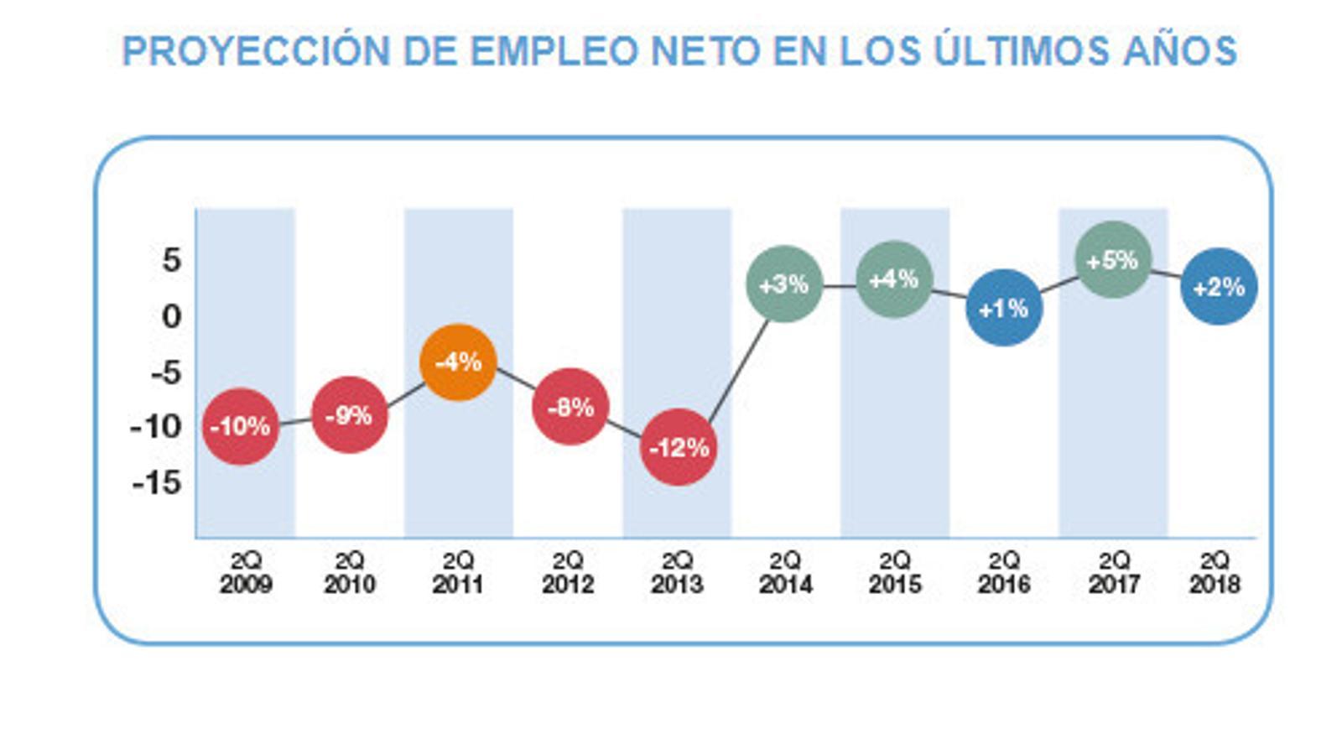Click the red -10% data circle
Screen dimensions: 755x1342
tap(241, 426)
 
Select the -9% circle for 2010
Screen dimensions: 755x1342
tap(349, 414)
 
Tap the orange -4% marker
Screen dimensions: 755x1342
tap(458, 362)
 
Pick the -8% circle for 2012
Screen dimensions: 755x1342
tap(570, 407)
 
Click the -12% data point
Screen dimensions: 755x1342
tap(679, 447)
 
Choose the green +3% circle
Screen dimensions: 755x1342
tap(784, 284)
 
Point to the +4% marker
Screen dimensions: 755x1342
tap(894, 279)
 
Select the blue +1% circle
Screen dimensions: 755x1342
tap(1003, 308)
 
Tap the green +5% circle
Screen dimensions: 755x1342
tap(1112, 260)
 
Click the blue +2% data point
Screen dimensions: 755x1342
tap(1219, 288)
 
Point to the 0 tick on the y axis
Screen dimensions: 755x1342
tap(171, 316)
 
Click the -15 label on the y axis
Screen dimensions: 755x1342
tap(157, 482)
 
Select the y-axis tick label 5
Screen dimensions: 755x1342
tap(171, 260)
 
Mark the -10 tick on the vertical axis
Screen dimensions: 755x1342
tap(156, 427)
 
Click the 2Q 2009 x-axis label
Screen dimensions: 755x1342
tap(246, 572)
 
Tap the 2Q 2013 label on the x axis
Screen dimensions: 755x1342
tap(677, 572)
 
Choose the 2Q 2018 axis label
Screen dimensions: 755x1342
tap(1214, 572)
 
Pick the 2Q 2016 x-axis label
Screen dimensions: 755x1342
tap(1003, 572)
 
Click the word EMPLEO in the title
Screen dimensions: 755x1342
tap(554, 51)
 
